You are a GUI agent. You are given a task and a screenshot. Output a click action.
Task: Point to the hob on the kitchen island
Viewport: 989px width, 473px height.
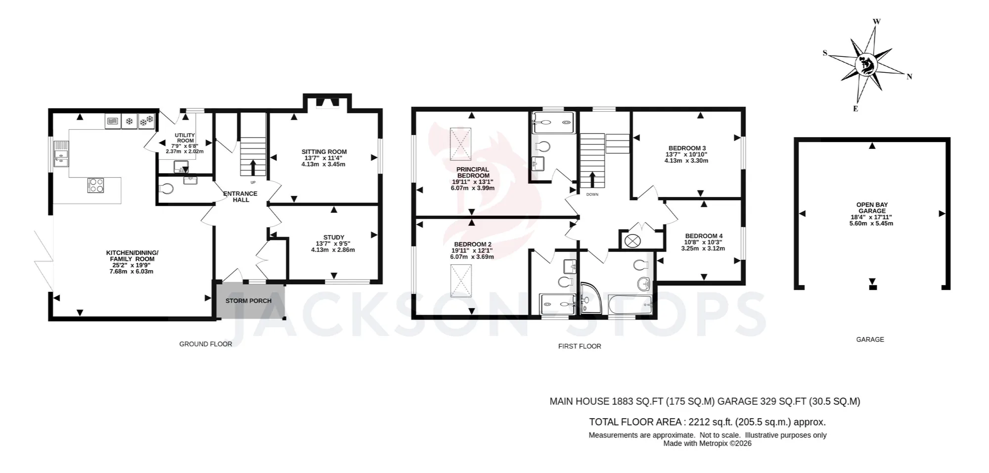[96, 185]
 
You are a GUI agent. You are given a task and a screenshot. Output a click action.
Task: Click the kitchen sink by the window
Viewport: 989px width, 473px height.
[62, 153]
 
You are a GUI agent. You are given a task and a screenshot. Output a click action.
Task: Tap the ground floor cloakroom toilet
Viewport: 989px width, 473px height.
[166, 188]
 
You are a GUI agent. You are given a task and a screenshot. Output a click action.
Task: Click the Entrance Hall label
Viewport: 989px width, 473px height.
[241, 196]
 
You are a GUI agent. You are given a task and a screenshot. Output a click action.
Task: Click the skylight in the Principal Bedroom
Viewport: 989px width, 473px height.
[461, 144]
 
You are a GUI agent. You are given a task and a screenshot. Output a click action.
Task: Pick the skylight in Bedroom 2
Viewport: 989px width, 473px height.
[461, 281]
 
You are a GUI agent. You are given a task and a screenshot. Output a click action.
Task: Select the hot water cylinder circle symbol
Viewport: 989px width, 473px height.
[631, 241]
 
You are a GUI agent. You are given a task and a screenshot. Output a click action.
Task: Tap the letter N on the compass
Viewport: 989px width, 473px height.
[909, 77]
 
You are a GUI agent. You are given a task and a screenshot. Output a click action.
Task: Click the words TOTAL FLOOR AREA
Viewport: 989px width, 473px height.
[635, 422]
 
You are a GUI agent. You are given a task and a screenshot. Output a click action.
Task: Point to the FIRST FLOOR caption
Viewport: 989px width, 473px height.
[580, 346]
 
